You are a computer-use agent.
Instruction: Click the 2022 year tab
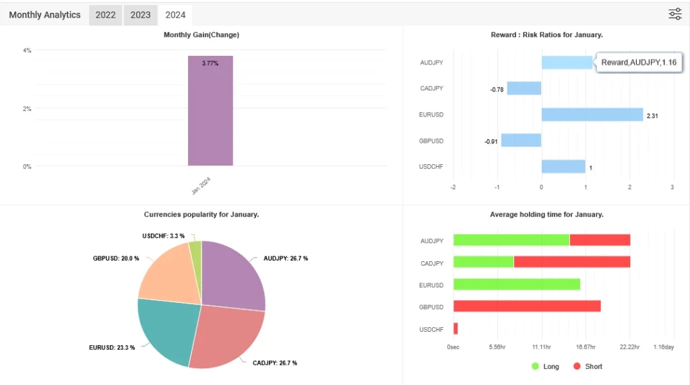105,15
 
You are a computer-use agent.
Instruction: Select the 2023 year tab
140,15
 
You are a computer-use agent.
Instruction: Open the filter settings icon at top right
675,14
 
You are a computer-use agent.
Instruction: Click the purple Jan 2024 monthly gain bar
210,114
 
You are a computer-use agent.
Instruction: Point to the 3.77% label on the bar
210,63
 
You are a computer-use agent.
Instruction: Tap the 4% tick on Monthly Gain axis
27,50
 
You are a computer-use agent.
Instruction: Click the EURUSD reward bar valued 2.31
592,114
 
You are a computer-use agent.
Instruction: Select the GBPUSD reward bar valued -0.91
521,140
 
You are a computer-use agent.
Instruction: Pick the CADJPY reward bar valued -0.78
524,88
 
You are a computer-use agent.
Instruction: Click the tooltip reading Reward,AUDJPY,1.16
639,63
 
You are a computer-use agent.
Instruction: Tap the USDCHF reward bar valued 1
563,166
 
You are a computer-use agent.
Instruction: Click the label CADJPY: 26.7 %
274,363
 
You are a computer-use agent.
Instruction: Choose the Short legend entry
588,366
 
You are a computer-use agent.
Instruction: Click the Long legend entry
545,366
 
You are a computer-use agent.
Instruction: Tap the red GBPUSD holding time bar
526,306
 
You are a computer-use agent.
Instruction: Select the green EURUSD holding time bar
516,284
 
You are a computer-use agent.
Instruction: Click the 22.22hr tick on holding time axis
629,347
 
